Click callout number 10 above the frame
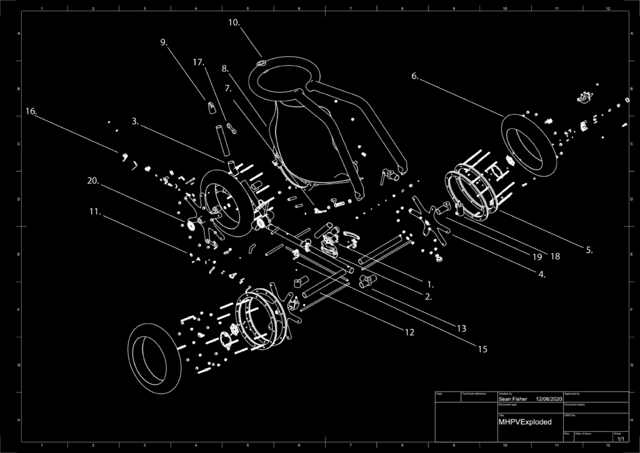coord(234,23)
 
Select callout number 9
coord(164,43)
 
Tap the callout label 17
coord(198,63)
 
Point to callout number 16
coord(31,111)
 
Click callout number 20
coord(93,181)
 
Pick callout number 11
coord(95,211)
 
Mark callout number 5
coord(588,250)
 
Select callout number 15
coord(482,349)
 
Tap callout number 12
coord(409,332)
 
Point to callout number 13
coord(461,328)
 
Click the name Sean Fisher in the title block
coord(512,399)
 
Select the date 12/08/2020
coord(549,399)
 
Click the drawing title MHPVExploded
coord(524,422)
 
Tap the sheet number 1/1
coord(619,439)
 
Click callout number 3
coord(136,122)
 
